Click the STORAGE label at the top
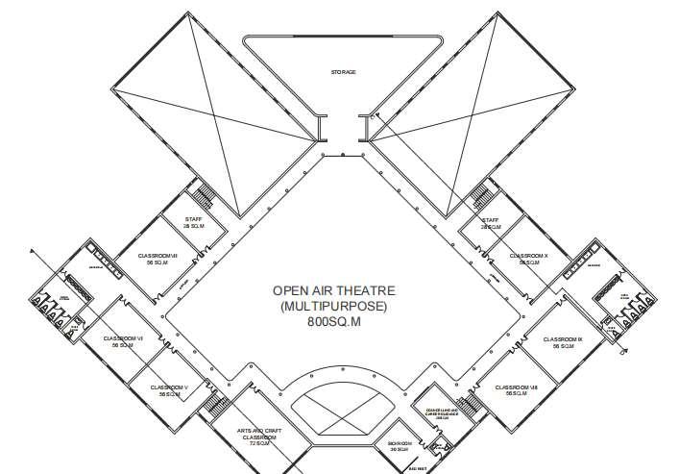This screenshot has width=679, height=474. [x=343, y=71]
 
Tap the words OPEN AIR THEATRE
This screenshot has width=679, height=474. [x=333, y=290]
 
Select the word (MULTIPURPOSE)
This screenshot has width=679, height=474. [x=333, y=307]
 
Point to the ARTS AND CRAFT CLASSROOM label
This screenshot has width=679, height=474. [x=259, y=437]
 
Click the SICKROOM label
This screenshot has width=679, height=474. [x=400, y=445]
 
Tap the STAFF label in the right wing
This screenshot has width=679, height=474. [x=491, y=222]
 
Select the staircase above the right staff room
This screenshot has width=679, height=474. [x=479, y=195]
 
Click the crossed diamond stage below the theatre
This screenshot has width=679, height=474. [x=342, y=411]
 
